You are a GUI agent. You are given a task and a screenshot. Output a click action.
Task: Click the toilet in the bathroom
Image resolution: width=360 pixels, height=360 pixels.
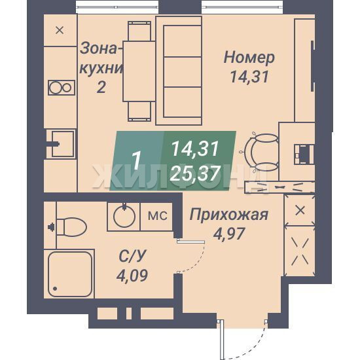tap(71, 227)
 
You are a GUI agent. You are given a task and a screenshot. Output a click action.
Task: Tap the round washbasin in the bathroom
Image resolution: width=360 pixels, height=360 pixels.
tap(124, 216)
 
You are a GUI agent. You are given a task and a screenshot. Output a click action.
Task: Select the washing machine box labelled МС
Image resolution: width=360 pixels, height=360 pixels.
tap(156, 216)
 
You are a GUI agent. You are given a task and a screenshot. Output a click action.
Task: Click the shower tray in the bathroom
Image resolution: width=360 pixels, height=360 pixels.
tap(70, 274)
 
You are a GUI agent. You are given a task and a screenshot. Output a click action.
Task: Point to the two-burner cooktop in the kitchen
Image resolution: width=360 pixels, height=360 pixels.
tap(62, 88)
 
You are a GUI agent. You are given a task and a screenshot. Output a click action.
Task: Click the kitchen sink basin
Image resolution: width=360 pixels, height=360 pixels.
tap(63, 144)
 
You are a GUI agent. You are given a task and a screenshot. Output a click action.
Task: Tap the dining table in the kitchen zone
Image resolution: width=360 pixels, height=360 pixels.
tap(139, 71)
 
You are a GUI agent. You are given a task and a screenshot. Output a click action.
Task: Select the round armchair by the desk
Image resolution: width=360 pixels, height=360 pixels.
tap(261, 152)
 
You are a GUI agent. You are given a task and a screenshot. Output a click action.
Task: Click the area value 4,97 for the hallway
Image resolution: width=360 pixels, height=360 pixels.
tap(228, 234)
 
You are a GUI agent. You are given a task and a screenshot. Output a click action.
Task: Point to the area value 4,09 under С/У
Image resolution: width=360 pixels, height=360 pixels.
tap(132, 276)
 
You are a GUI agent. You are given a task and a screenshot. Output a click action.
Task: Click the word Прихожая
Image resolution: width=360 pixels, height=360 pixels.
tap(228, 215)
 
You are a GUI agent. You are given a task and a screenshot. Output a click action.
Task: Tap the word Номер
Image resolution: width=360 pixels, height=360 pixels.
tap(249, 58)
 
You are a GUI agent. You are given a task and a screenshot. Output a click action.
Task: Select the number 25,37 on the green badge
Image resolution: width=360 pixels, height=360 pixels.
tap(195, 173)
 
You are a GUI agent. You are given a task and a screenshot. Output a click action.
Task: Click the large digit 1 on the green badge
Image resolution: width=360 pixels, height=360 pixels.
tap(136, 161)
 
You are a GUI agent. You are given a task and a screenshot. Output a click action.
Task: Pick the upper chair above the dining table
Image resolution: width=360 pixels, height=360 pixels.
tap(139, 31)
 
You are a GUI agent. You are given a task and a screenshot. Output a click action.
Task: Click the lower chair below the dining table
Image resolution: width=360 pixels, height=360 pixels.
tap(139, 111)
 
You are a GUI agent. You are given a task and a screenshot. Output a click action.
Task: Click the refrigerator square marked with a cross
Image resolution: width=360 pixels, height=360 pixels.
tap(60, 30)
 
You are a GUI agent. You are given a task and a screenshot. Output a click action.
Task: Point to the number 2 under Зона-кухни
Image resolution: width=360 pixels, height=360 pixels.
tap(101, 87)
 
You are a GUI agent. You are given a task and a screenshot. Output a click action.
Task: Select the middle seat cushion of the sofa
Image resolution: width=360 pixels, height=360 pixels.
tap(183, 72)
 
